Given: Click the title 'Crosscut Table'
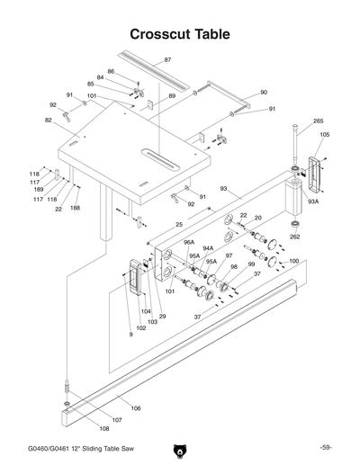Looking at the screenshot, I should click(x=180, y=34).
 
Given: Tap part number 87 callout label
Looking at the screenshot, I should click(x=168, y=60).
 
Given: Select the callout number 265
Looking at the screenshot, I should click(x=318, y=121).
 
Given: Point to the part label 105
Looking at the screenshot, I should click(x=324, y=135).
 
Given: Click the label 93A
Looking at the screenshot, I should click(x=312, y=201).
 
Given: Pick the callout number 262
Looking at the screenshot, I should click(x=294, y=237).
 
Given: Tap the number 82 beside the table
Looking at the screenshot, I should click(x=48, y=120).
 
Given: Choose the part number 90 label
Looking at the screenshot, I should click(x=263, y=92).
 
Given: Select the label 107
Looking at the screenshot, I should click(x=116, y=420).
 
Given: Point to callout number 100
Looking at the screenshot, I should click(x=293, y=261).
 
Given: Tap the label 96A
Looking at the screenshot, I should click(x=189, y=242).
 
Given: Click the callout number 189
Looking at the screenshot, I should click(x=39, y=190).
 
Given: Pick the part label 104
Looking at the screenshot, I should click(x=145, y=310).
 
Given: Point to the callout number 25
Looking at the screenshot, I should click(x=179, y=224).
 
